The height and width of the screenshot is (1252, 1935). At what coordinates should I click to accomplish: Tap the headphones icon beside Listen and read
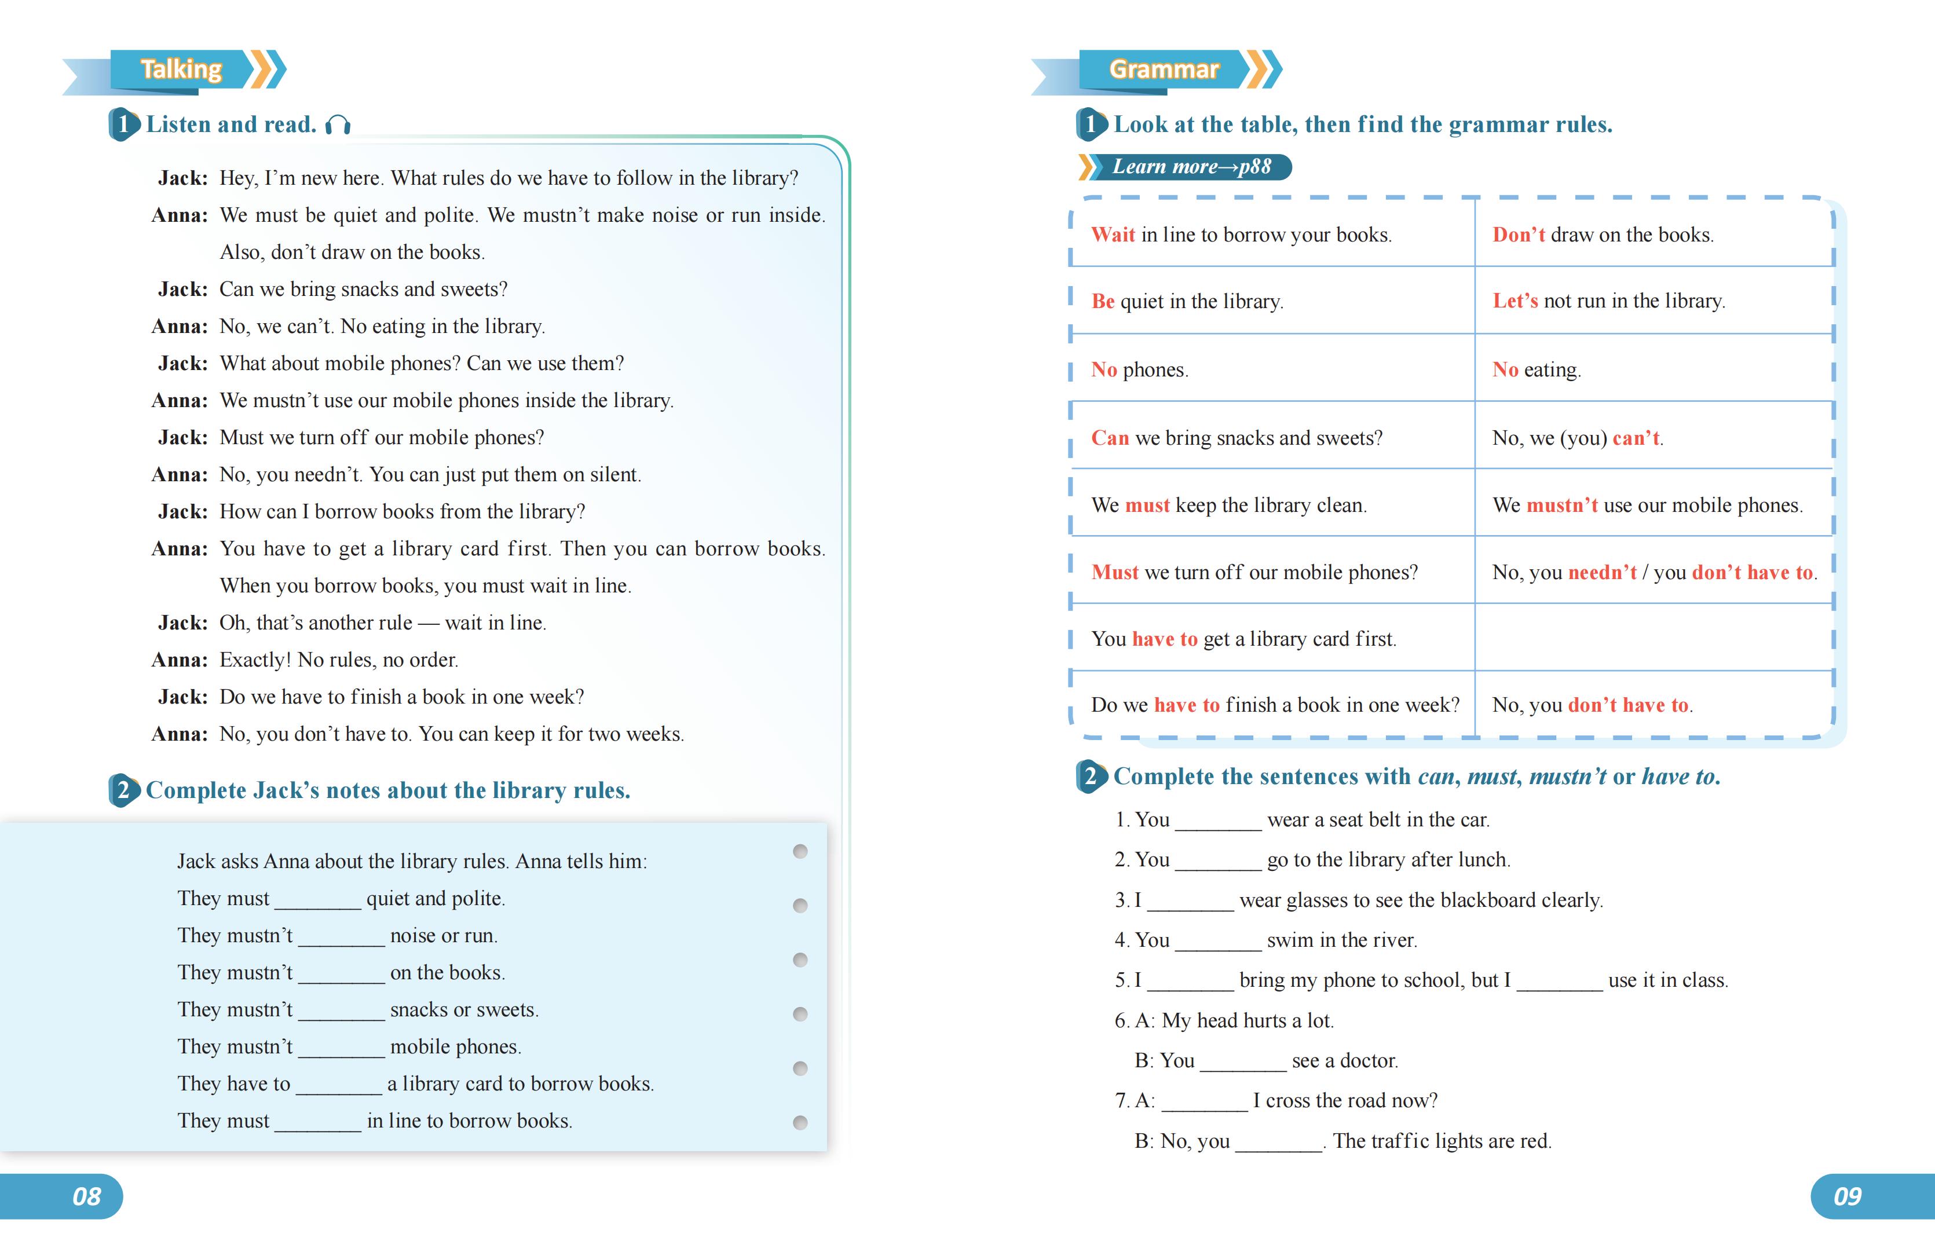(338, 125)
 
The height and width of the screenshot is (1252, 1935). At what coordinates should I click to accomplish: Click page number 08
(86, 1196)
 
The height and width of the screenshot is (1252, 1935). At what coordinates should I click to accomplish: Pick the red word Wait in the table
(1112, 235)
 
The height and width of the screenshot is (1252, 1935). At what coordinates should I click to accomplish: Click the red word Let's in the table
(1515, 301)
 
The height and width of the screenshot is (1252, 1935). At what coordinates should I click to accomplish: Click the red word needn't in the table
(1601, 572)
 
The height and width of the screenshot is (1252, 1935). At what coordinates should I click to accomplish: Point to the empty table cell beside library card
(1653, 638)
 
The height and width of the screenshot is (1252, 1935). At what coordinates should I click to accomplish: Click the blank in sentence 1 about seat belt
(1217, 821)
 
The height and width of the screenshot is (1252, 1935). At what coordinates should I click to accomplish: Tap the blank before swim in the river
(1217, 942)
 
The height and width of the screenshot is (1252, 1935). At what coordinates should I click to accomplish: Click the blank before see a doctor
(1242, 1061)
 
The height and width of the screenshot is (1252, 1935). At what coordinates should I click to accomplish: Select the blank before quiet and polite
(317, 900)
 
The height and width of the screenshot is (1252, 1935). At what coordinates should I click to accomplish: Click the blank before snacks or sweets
(341, 1011)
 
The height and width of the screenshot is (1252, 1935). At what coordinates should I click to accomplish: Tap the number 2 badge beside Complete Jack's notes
(123, 790)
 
